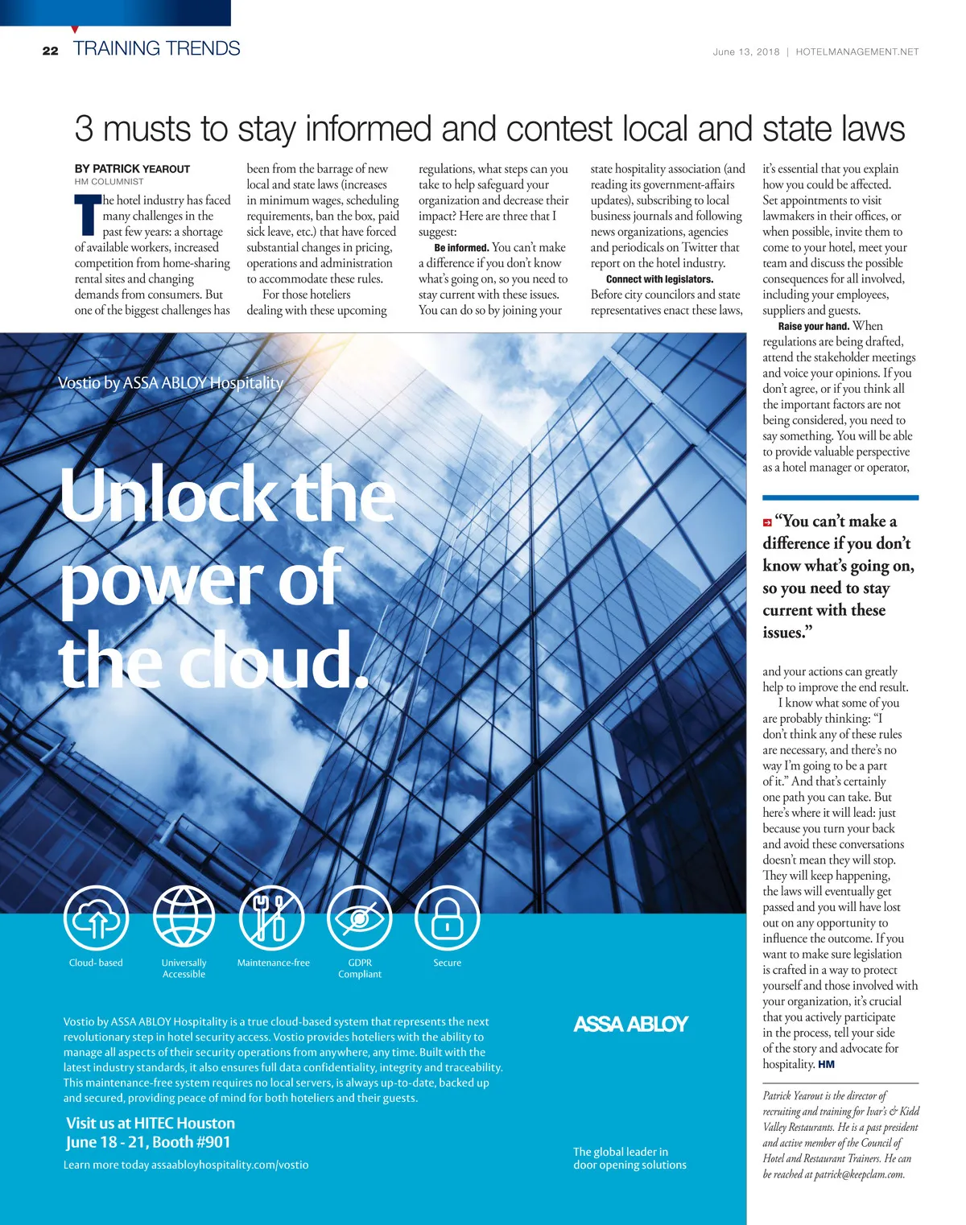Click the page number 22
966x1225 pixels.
coord(51,51)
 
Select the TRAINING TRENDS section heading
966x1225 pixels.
coord(157,48)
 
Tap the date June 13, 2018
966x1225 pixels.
coord(745,52)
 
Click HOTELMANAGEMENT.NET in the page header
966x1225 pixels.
coord(857,52)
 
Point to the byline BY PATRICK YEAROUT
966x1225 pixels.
coord(132,169)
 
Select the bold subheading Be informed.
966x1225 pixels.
coord(461,248)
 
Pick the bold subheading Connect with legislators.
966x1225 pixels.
coord(659,279)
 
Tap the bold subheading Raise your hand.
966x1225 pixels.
coord(813,326)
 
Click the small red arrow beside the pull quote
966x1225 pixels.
coord(767,522)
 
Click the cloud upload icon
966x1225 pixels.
coord(96,918)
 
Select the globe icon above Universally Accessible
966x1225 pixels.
coord(184,918)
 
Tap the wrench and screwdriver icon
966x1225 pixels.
coord(272,918)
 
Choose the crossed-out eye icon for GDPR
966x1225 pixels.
coord(360,918)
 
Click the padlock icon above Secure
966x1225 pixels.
coord(447,918)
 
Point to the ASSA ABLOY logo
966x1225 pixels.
coord(630,1024)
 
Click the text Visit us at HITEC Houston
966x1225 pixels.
coord(151,1123)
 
